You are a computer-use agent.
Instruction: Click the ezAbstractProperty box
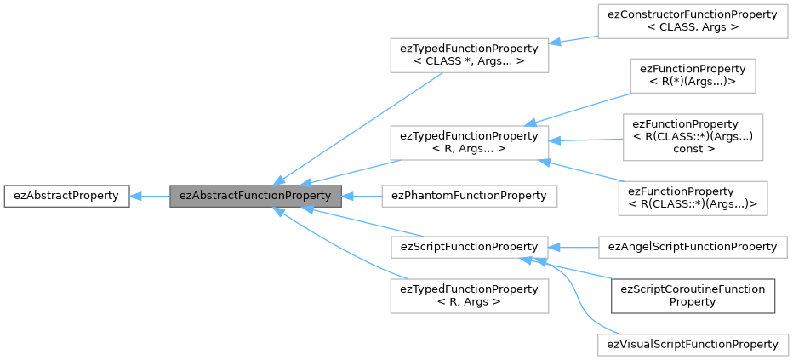[x=66, y=196]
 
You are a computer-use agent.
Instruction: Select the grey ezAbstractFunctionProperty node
[x=255, y=196]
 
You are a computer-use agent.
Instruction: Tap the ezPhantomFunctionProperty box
[x=469, y=196]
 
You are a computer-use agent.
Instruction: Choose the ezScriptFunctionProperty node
[x=469, y=247]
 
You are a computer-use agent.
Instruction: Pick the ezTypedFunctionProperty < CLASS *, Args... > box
[x=469, y=55]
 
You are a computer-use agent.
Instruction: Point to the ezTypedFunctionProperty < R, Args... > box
[x=469, y=142]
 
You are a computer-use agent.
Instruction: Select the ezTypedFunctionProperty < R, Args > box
[x=469, y=295]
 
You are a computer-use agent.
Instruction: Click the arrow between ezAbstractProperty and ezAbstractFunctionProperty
[x=150, y=196]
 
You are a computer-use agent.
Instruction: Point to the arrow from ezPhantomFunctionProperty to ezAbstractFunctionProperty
[x=362, y=196]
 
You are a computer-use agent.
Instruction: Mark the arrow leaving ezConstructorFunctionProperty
[x=574, y=39]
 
